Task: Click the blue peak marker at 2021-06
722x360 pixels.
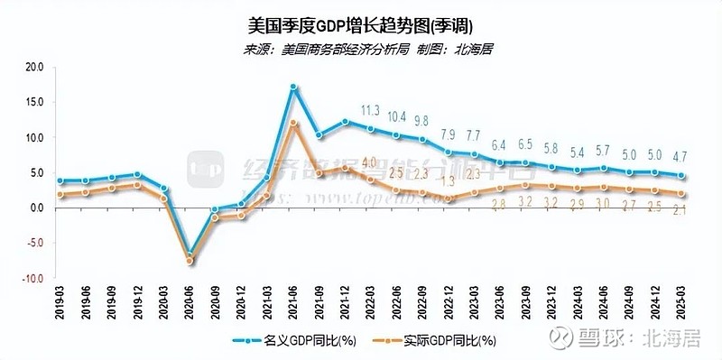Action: (x=294, y=88)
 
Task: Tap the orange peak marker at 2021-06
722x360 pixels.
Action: (x=294, y=123)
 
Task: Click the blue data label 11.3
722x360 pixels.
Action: (x=371, y=111)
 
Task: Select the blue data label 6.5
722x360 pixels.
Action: (x=527, y=144)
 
